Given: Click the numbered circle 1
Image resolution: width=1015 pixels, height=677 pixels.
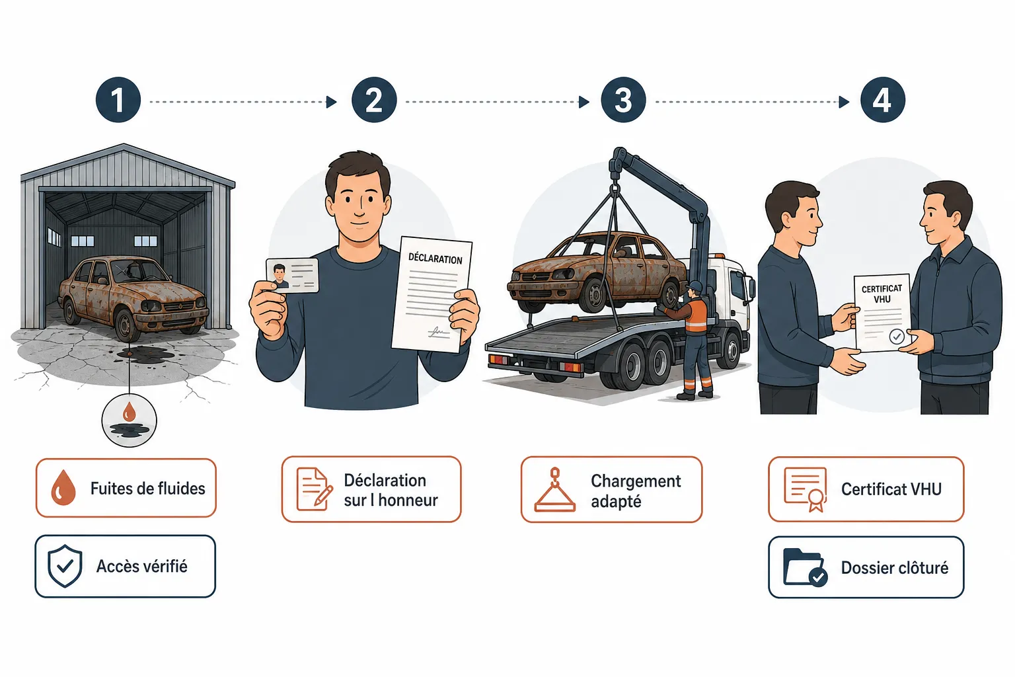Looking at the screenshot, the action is (x=118, y=100).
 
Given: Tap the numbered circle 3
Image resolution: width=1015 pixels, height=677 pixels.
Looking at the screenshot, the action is (x=624, y=100).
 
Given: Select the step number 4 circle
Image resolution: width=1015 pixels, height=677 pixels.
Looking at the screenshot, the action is (x=883, y=100).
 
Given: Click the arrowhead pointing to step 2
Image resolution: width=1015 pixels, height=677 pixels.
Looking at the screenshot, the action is (x=332, y=102).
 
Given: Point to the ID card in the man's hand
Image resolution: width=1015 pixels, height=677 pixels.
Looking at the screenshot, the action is (x=292, y=275).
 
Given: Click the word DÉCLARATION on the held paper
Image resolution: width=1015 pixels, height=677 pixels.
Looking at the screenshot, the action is (x=435, y=259).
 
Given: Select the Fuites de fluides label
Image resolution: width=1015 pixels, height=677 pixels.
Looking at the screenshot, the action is (x=148, y=489).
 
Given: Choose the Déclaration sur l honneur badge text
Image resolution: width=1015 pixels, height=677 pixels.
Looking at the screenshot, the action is (x=391, y=490).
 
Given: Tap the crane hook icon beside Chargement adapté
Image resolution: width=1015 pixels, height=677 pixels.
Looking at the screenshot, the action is (x=555, y=490).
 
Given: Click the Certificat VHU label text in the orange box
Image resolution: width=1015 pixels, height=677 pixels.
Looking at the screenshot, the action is (x=891, y=489).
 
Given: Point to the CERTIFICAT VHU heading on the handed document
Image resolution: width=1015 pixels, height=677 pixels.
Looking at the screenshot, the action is (x=882, y=294).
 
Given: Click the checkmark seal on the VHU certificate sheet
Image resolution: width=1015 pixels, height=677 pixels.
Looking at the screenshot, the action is (x=897, y=337).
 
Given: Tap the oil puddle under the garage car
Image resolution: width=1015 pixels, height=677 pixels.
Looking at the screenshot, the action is (x=144, y=353).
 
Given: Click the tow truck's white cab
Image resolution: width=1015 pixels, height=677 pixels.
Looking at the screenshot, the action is (x=730, y=290).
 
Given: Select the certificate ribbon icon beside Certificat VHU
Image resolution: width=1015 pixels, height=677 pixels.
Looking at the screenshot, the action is (x=806, y=490).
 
